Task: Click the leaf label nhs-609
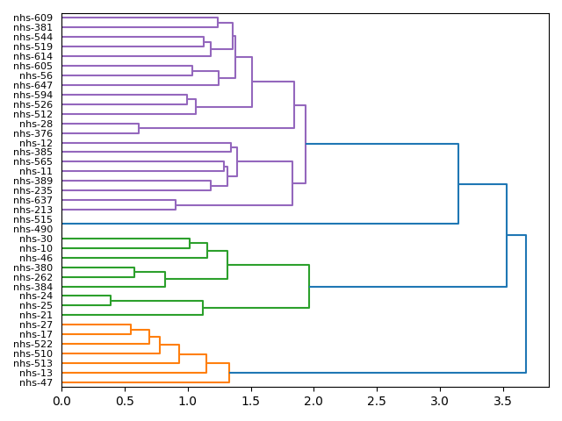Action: [32, 18]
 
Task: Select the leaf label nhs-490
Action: [32, 230]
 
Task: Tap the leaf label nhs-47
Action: [36, 383]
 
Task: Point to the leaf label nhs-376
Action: [32, 133]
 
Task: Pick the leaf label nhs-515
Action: [32, 220]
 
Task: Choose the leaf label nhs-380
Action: [32, 268]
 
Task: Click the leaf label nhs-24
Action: [36, 296]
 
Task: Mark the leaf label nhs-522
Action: [32, 345]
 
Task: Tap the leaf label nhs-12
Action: [36, 143]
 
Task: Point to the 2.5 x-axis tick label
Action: [377, 401]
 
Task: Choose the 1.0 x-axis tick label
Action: [188, 401]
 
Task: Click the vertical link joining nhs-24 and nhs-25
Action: [111, 301]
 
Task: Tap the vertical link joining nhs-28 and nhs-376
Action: [139, 129]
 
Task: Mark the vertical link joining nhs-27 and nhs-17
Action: [131, 330]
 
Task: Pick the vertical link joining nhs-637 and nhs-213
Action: [176, 205]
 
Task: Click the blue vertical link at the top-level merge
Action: [526, 303]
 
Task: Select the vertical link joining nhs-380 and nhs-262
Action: [134, 273]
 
